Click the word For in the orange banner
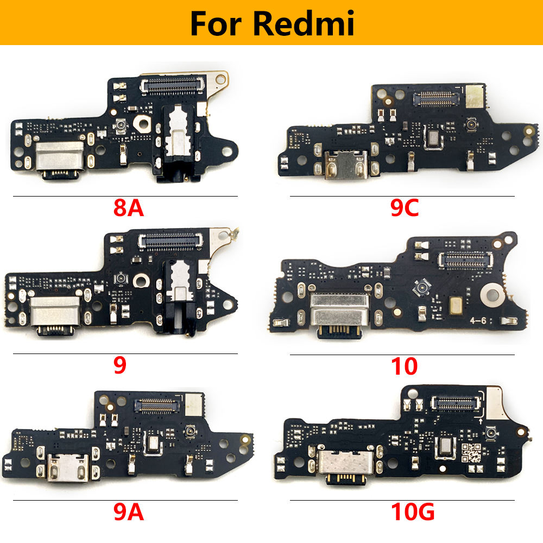(x=217, y=24)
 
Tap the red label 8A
(x=128, y=208)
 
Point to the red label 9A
(x=128, y=512)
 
